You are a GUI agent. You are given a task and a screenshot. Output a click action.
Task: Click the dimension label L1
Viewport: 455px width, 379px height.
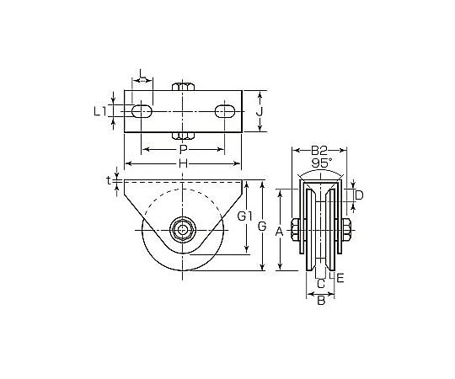(x=100, y=112)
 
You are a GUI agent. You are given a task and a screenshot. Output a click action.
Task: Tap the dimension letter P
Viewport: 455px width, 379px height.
(x=183, y=150)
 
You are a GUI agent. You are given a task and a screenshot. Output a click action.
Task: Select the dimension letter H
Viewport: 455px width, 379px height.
(x=183, y=164)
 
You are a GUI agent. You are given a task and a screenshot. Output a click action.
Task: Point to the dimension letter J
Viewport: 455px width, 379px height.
(x=260, y=112)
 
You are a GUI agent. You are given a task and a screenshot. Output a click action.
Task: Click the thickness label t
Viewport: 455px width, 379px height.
(x=109, y=180)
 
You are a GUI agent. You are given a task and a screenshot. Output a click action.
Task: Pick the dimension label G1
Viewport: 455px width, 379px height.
(x=245, y=216)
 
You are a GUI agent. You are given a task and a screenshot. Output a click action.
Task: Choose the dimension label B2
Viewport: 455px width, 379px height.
(x=319, y=150)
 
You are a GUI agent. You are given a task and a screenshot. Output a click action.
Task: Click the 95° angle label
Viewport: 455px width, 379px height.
(x=322, y=163)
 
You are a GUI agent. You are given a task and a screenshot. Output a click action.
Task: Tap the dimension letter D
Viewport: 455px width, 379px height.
(x=359, y=195)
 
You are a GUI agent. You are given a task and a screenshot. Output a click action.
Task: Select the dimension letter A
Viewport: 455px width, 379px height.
(x=279, y=232)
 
